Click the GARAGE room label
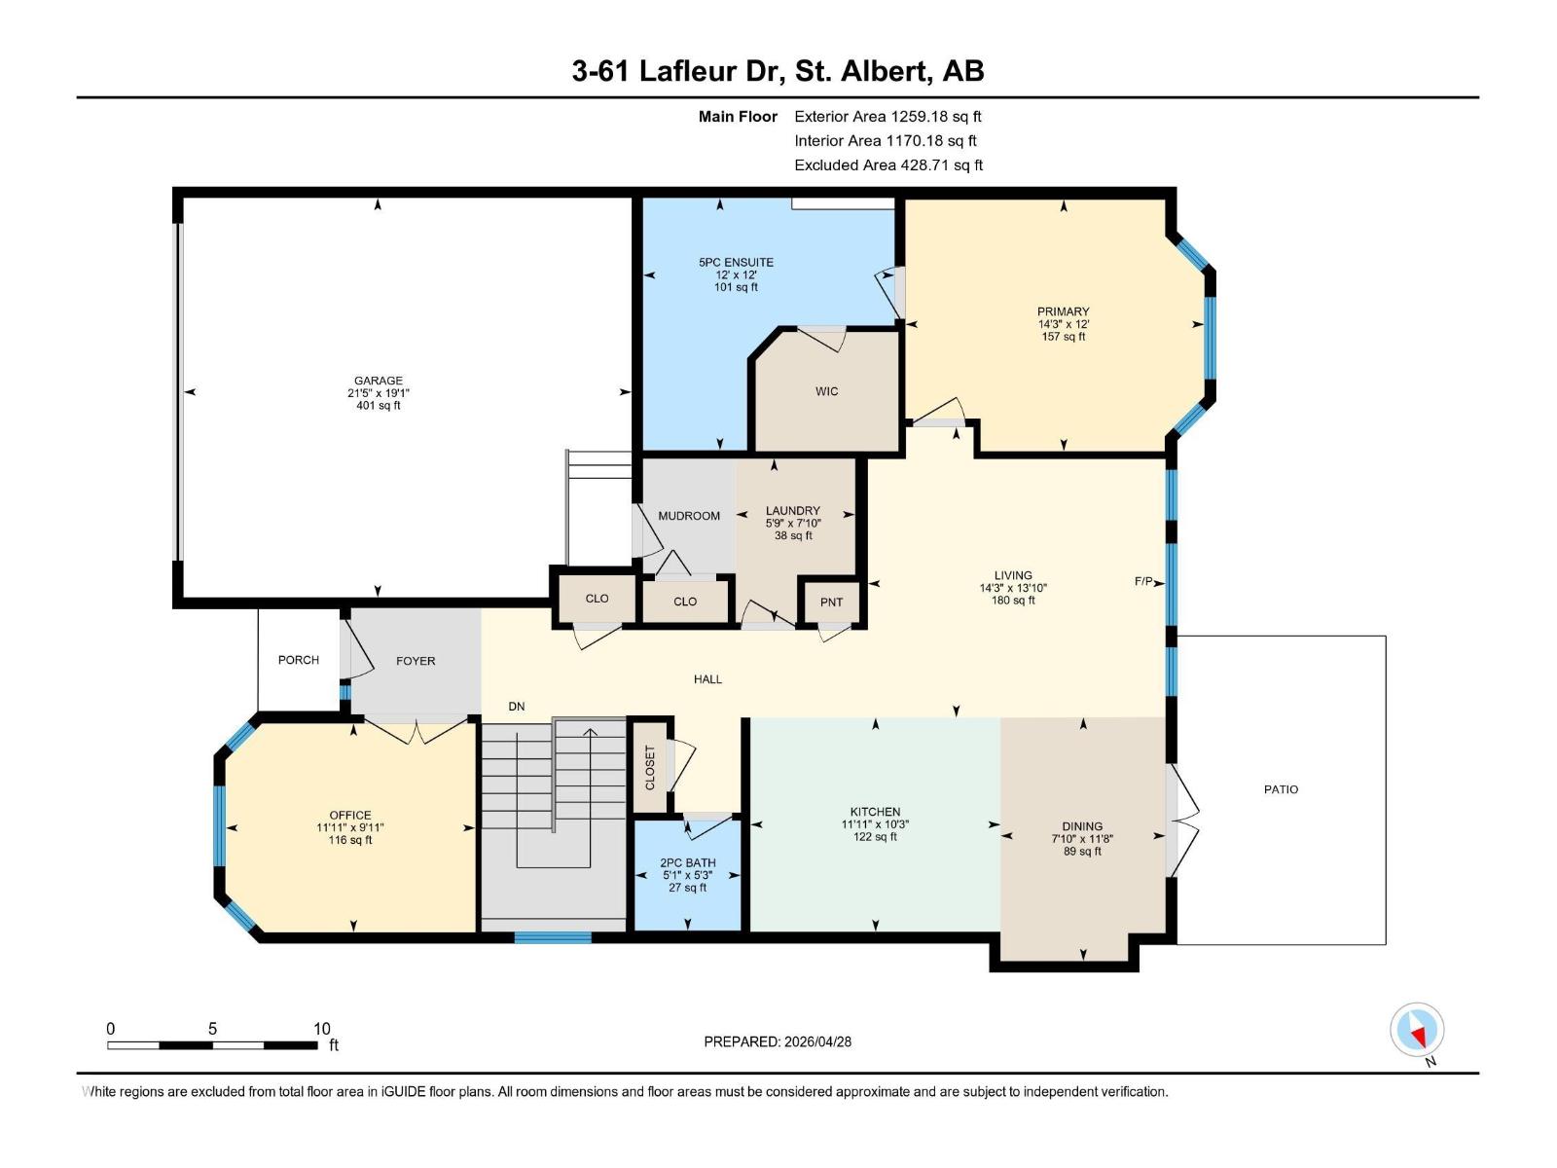click(378, 381)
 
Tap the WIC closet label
click(826, 391)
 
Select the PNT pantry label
click(831, 602)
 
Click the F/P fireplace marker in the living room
click(1143, 582)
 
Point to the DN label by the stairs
click(517, 707)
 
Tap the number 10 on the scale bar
click(322, 1029)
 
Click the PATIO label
click(1281, 789)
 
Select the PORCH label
click(299, 660)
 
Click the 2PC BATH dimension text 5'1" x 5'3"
click(688, 875)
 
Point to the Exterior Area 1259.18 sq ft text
click(887, 116)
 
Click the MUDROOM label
click(689, 516)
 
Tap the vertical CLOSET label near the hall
click(650, 768)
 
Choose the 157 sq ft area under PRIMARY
click(1063, 337)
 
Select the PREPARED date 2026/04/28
click(816, 1041)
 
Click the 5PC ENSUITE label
click(736, 262)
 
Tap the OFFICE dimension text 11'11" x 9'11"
click(350, 827)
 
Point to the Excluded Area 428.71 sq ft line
click(887, 165)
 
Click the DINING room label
click(1082, 826)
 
